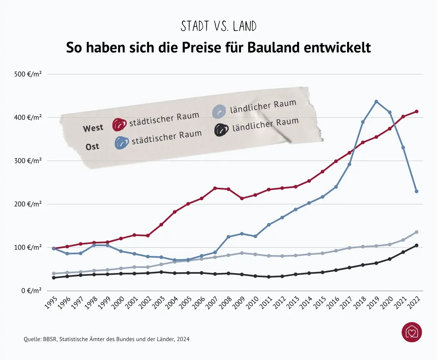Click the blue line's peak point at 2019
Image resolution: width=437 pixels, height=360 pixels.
(376, 102)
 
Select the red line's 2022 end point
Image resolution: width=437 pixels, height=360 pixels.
(417, 111)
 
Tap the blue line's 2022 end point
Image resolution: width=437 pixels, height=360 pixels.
(417, 191)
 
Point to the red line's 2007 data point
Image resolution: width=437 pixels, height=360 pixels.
(215, 188)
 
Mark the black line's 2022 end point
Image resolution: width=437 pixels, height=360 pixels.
(417, 245)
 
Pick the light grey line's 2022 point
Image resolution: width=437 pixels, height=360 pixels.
(417, 232)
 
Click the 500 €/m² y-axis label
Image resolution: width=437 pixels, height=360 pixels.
(28, 74)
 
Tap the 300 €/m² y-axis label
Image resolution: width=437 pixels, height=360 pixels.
(28, 161)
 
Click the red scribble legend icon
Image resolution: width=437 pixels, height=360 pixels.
(119, 124)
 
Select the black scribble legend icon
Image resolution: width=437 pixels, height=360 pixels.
(221, 130)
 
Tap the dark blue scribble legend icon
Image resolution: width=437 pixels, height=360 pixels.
(122, 143)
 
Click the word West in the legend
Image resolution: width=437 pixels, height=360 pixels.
(93, 128)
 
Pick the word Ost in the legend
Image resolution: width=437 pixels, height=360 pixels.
(92, 147)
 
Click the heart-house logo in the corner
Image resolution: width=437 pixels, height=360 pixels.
(412, 332)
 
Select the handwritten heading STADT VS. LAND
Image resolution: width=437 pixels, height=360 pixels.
(219, 26)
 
